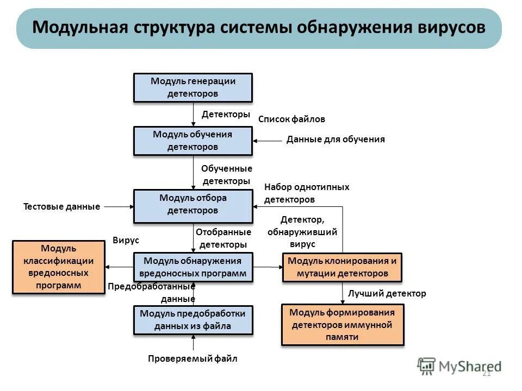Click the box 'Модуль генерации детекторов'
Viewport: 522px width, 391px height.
(193, 87)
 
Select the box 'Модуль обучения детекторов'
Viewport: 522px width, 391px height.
(193, 141)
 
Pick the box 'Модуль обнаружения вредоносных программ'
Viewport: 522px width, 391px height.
(193, 267)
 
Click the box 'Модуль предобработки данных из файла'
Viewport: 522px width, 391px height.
(193, 320)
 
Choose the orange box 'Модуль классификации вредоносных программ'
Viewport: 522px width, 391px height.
(59, 267)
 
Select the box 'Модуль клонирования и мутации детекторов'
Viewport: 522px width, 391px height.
(342, 267)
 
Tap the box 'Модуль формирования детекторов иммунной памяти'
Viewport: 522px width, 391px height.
(343, 325)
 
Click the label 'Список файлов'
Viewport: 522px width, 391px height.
(291, 119)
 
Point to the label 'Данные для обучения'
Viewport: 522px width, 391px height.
(335, 140)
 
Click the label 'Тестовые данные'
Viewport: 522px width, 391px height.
(61, 207)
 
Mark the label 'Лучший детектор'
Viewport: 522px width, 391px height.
(387, 294)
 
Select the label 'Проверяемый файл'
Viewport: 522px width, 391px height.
(192, 359)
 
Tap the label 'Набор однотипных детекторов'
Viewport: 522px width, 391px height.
(306, 193)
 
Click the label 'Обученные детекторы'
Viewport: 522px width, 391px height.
(226, 175)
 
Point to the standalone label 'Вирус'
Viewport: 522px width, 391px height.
(126, 240)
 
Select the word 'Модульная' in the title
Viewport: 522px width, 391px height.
(79, 28)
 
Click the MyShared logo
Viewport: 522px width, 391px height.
(459, 367)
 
